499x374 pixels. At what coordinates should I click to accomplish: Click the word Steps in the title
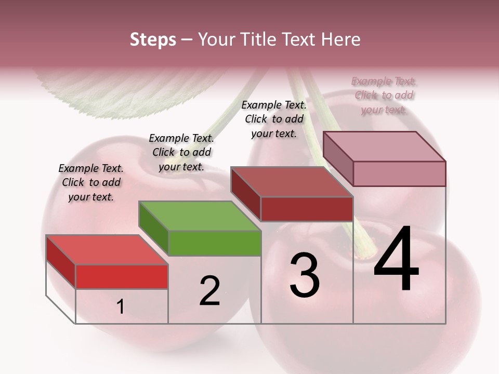click(x=153, y=39)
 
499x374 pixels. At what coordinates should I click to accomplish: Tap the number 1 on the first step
click(x=120, y=307)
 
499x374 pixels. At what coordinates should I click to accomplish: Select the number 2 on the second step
click(x=209, y=290)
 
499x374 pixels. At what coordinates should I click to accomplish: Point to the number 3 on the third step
click(x=304, y=275)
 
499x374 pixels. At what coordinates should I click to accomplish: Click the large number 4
click(x=396, y=259)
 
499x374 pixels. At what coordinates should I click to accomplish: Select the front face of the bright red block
click(x=122, y=276)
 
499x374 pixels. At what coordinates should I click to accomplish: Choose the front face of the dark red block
click(x=307, y=209)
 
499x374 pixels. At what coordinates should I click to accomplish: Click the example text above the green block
click(x=181, y=152)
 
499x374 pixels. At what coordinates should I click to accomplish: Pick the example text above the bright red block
click(x=91, y=182)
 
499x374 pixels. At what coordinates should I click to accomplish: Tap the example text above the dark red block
click(x=274, y=119)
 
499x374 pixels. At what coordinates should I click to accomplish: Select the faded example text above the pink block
click(x=384, y=95)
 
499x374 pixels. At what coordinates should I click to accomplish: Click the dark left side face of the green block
click(x=153, y=229)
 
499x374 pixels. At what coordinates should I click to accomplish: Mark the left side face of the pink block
click(x=338, y=159)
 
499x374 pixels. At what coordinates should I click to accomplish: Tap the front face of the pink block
click(x=399, y=173)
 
